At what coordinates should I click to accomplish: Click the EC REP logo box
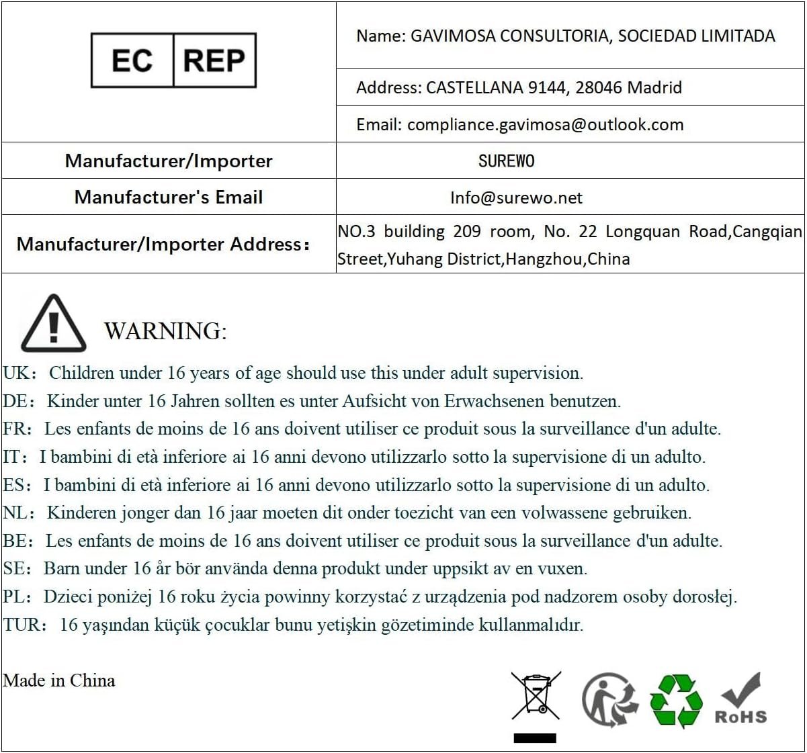pos(173,60)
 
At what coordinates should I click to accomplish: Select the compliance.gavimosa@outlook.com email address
pos(545,125)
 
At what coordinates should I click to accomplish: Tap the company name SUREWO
pos(506,161)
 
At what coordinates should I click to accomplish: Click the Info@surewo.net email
pos(516,197)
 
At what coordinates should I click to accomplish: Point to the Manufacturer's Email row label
pos(168,197)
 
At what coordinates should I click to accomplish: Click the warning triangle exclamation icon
pos(54,324)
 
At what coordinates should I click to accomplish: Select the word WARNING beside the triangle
pos(165,331)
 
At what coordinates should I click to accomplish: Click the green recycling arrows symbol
pos(676,700)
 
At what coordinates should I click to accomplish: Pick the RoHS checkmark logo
pos(740,699)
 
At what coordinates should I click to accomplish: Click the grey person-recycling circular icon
pos(609,699)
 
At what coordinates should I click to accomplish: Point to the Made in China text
pos(59,680)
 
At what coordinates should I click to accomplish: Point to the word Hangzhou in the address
pos(544,259)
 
